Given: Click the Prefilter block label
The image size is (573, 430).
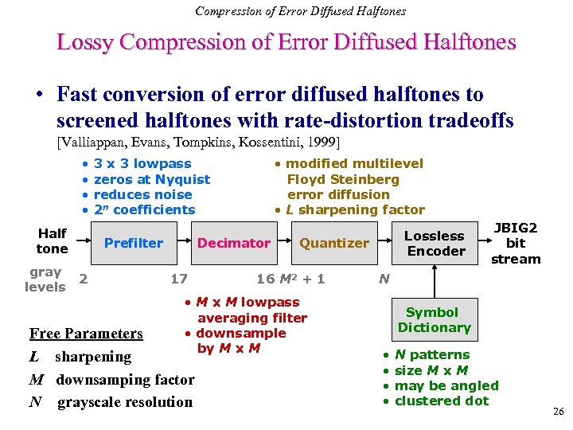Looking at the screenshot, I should [x=134, y=243].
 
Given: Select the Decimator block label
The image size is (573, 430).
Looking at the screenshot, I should [x=233, y=243].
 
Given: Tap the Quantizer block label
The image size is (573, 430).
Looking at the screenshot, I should [x=333, y=243].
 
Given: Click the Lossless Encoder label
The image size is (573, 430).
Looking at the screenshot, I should [x=435, y=244].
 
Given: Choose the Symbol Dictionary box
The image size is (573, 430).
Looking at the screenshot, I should [x=434, y=319].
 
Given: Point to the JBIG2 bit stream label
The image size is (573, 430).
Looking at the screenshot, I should [x=516, y=244].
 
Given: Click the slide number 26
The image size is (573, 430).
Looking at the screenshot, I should [x=558, y=412].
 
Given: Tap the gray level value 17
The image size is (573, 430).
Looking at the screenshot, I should [x=179, y=278].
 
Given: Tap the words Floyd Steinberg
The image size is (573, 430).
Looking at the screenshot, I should [x=343, y=179].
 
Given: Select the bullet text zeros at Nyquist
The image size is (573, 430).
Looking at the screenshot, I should [x=152, y=179].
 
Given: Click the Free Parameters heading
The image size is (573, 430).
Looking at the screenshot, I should [x=86, y=334].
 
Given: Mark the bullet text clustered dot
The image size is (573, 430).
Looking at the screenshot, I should [x=442, y=401].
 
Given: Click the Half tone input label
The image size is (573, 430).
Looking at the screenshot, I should [x=52, y=240].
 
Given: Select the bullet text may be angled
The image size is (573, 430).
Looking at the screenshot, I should [x=446, y=385].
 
